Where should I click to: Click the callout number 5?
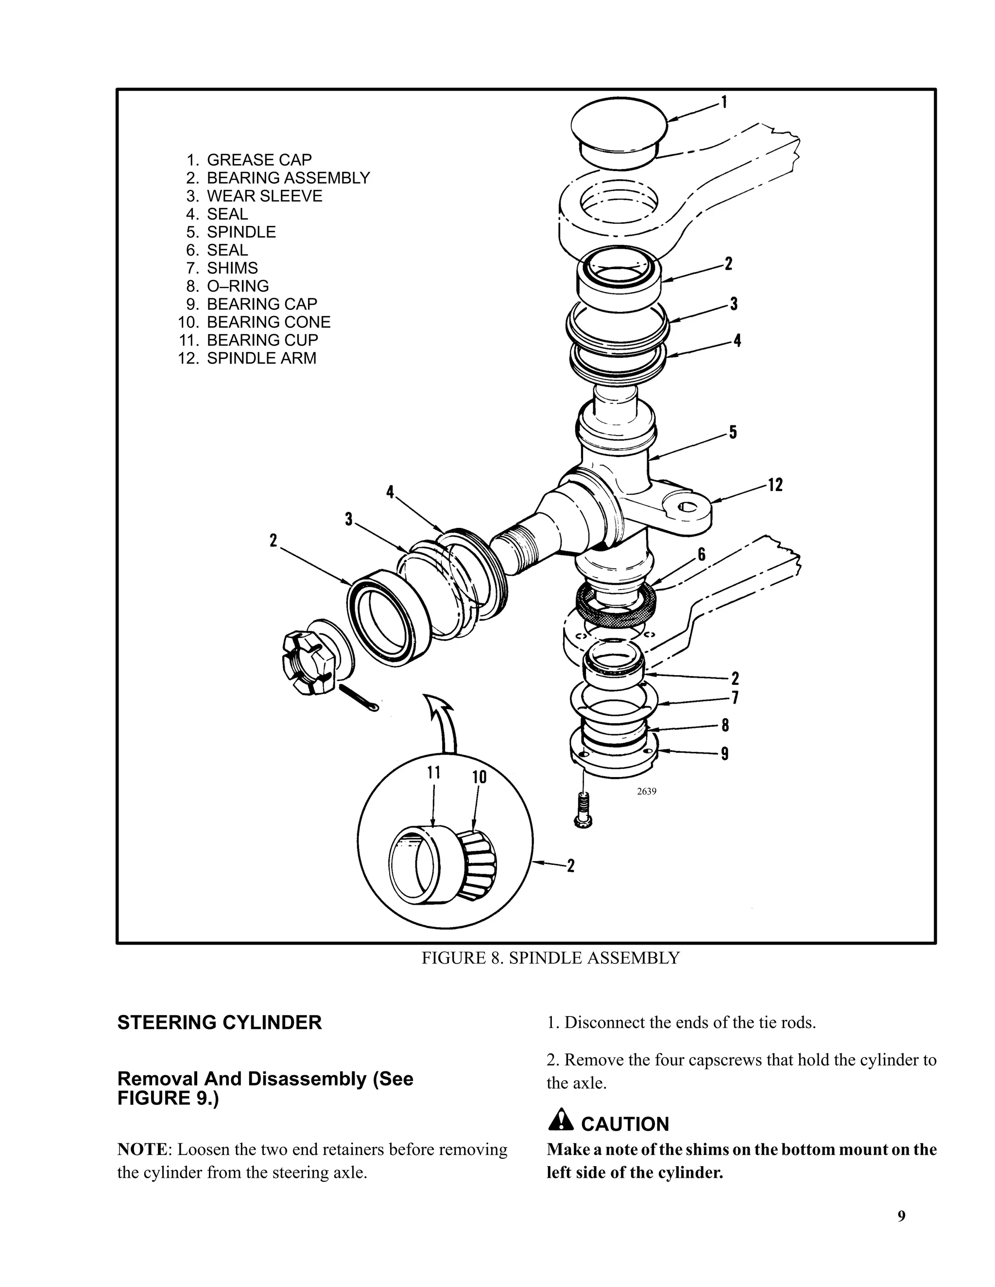[x=733, y=433]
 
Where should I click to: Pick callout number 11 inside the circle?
[x=434, y=773]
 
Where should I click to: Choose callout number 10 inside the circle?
[x=479, y=777]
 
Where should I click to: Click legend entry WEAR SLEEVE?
[x=264, y=196]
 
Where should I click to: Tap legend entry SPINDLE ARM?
[x=261, y=358]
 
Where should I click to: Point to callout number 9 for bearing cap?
[x=724, y=753]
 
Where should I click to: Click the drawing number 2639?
[x=647, y=792]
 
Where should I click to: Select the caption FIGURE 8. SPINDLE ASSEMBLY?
[x=550, y=958]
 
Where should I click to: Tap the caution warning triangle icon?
[x=561, y=1119]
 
